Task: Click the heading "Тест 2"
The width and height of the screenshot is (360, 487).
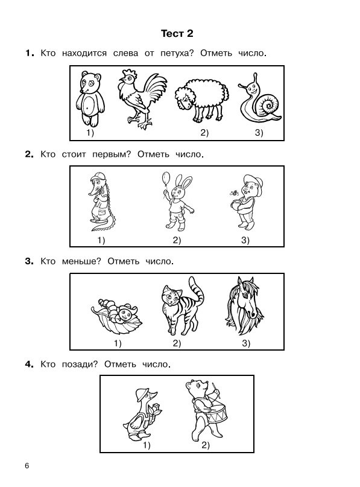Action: point(177,33)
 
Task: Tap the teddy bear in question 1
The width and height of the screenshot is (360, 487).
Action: point(90,99)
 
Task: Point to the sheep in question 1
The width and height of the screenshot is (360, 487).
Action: point(202,100)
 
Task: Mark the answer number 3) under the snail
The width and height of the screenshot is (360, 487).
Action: point(259,133)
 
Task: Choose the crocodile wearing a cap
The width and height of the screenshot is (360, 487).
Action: point(101,202)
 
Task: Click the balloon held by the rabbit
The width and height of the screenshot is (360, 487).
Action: point(166,179)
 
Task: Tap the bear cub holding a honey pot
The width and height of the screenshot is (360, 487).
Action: point(248,202)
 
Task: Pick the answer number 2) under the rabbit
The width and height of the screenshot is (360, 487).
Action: point(177,240)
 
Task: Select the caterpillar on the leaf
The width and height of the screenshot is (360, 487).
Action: point(117,314)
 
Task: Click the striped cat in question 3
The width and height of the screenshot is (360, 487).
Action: point(182,307)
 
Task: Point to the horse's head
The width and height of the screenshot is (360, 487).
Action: point(244,305)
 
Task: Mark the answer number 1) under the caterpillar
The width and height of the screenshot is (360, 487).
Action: point(118,343)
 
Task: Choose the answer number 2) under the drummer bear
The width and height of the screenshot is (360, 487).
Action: point(206,445)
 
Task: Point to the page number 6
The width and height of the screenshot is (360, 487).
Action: point(27,466)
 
